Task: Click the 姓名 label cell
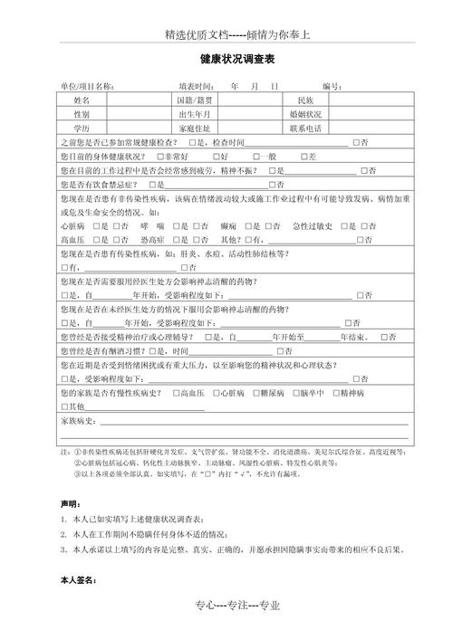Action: pos(82,100)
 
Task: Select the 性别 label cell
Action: pos(82,115)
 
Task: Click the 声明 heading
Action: pos(69,502)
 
